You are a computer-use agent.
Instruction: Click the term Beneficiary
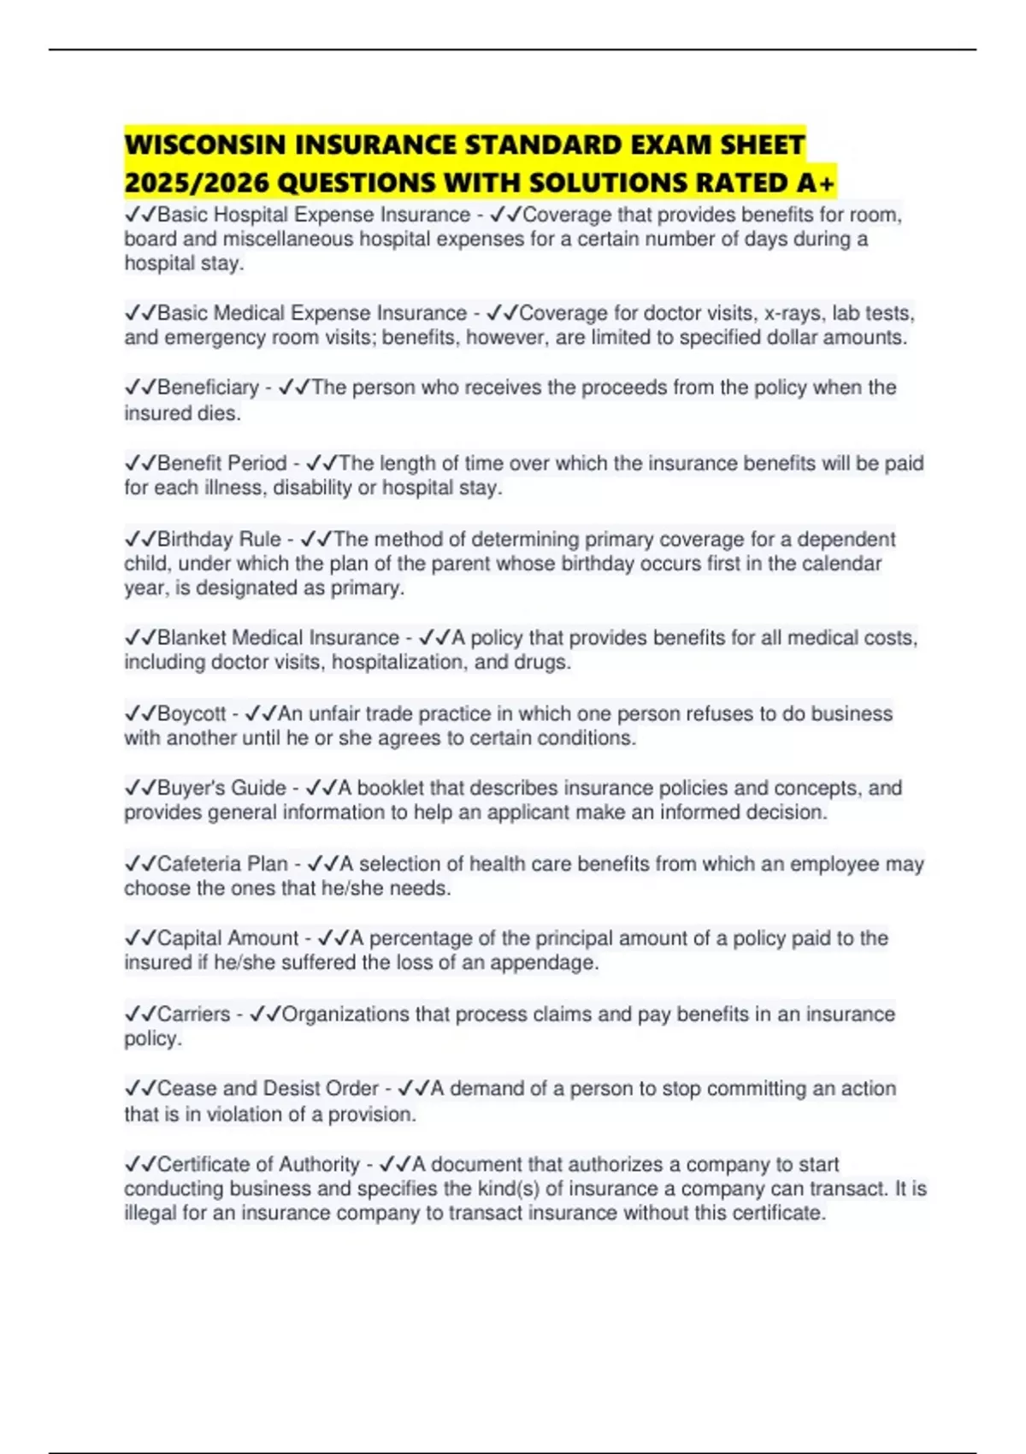click(x=208, y=387)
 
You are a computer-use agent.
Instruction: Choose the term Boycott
click(x=192, y=714)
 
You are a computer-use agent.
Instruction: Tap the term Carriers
click(x=193, y=1014)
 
